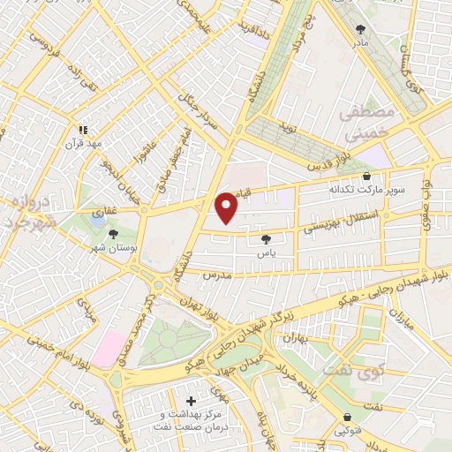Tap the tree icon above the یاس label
(266, 238)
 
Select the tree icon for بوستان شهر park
(113, 234)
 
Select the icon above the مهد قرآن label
(83, 128)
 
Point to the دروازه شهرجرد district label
(32, 213)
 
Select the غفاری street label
(100, 213)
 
